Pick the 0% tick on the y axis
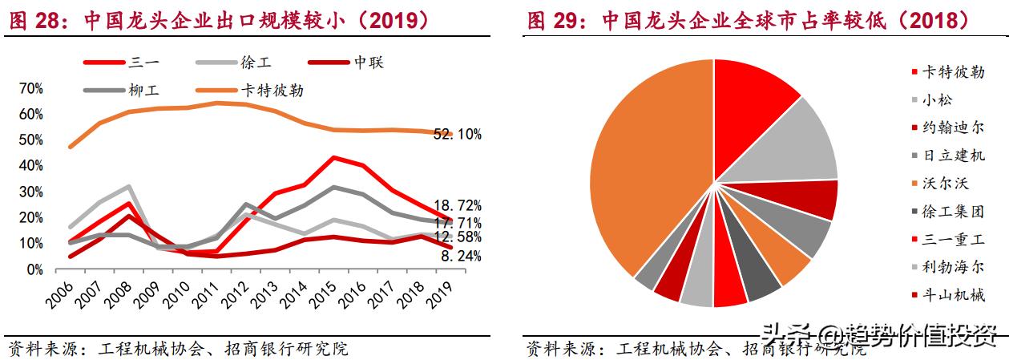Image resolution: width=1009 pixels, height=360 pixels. (34, 269)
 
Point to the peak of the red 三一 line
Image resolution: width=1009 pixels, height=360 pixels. (333, 158)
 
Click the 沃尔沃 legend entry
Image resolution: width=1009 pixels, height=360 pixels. (946, 184)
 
